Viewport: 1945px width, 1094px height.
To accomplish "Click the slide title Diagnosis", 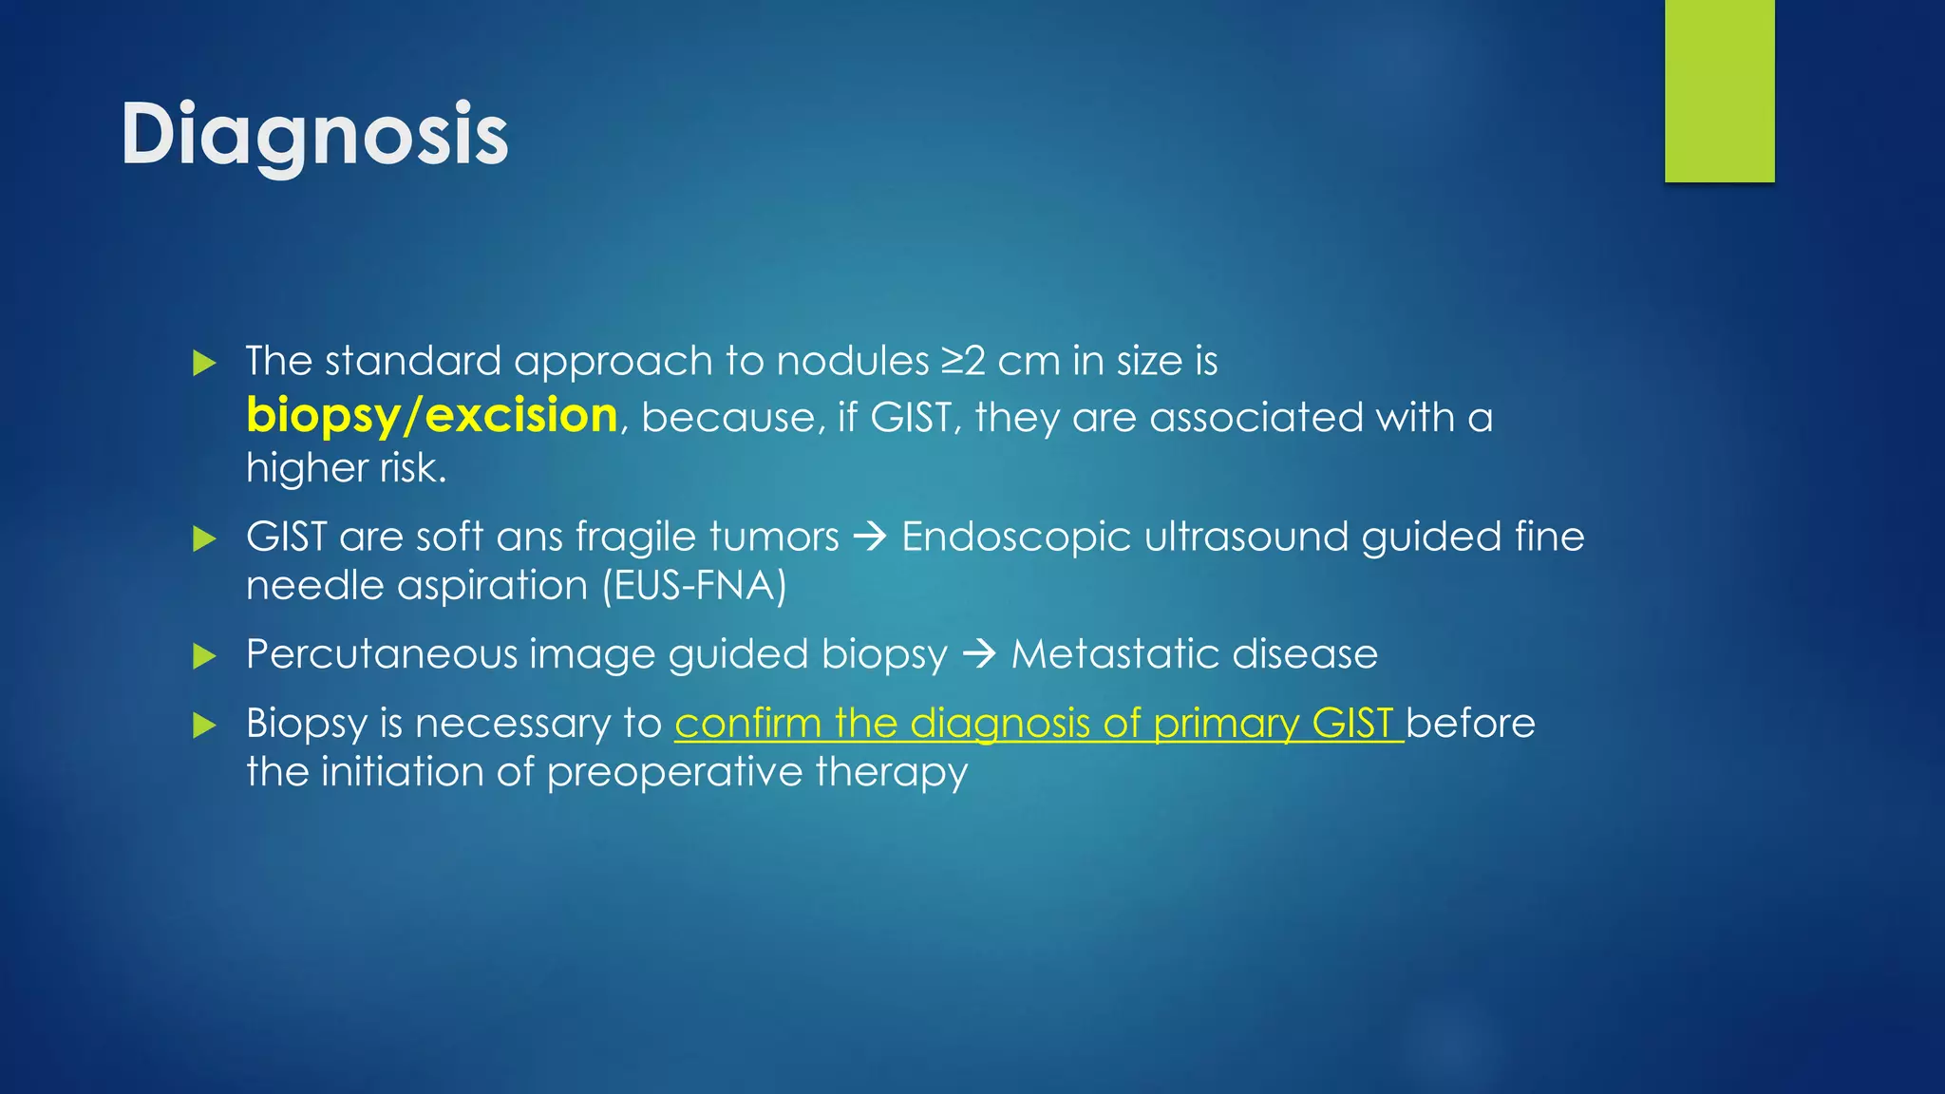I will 314,135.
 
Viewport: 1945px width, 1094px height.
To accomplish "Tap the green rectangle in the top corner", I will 1719,90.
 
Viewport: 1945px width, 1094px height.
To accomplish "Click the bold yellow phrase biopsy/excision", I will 432,416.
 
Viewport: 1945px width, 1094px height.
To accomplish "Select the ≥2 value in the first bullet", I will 963,361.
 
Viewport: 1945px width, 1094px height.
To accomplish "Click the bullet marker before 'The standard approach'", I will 204,363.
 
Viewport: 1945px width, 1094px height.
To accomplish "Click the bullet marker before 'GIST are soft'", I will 204,538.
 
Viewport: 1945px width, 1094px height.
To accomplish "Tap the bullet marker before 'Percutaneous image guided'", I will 204,655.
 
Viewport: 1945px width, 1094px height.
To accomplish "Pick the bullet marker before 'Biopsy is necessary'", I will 204,726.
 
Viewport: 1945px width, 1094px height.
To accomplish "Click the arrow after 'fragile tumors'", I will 870,538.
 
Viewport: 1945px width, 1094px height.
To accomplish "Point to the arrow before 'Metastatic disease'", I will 979,654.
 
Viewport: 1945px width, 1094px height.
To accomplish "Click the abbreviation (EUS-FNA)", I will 694,585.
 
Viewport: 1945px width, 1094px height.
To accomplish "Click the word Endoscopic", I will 1015,538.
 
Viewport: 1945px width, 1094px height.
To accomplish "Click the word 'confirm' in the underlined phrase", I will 747,724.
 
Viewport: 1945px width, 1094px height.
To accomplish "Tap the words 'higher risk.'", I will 346,468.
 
